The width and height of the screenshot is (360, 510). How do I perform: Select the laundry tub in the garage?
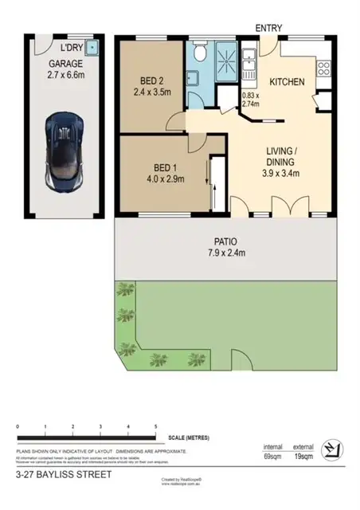pos(92,47)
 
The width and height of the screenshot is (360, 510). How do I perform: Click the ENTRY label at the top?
pos(268,28)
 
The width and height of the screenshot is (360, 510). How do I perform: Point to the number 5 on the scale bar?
pos(155,428)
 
